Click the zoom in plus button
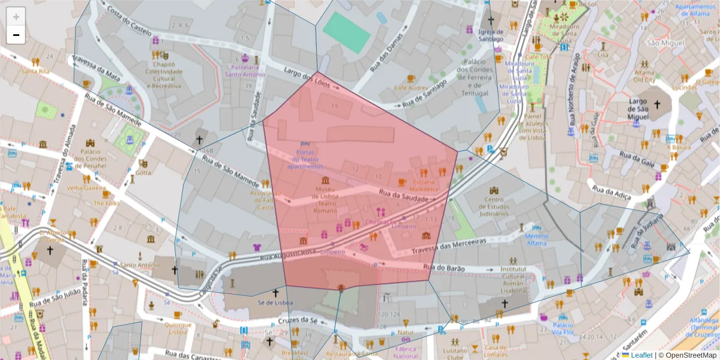(16, 16)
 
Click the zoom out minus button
(16, 35)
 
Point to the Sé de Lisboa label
(275, 302)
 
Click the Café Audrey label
(407, 88)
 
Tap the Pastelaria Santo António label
(245, 71)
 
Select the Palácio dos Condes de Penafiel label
(90, 158)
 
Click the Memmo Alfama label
(536, 240)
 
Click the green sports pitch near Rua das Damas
(346, 32)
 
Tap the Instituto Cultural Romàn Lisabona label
(514, 279)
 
